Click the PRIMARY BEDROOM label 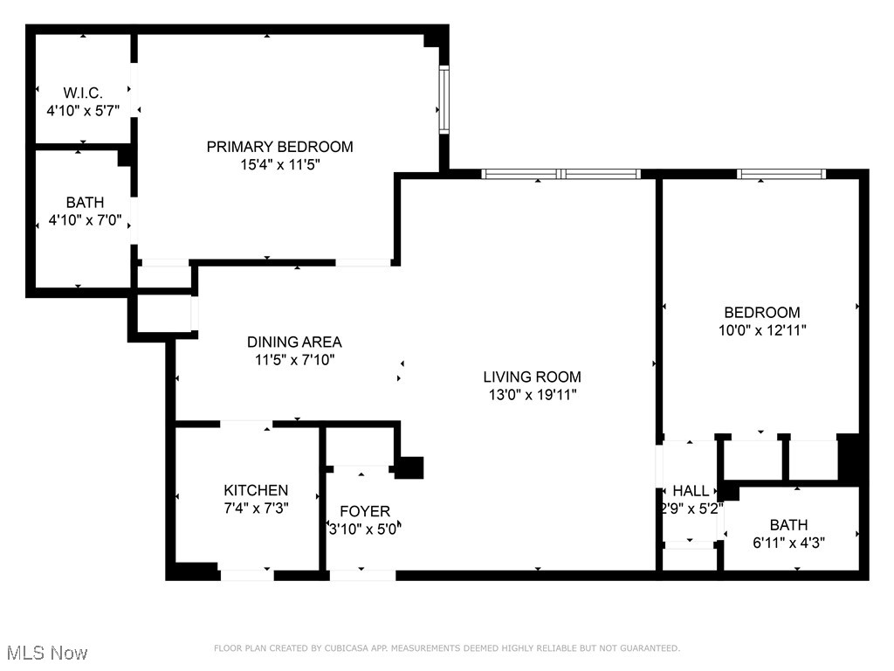tap(279, 147)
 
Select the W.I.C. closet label tap(83, 93)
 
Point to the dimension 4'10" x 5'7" tap(83, 110)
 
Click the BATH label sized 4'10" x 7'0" tap(84, 203)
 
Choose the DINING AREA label tap(294, 342)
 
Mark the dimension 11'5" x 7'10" tap(294, 359)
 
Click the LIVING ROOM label tap(532, 377)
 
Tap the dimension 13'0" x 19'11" tap(532, 394)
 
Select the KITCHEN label tap(256, 490)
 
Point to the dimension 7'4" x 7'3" tap(256, 507)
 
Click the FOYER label tap(365, 511)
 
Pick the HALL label tap(691, 492)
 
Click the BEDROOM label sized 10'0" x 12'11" tap(761, 313)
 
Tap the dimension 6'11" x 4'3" tap(788, 542)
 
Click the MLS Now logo tap(47, 653)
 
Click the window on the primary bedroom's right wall tap(444, 100)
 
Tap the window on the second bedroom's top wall tap(781, 174)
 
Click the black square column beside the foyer tap(409, 467)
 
